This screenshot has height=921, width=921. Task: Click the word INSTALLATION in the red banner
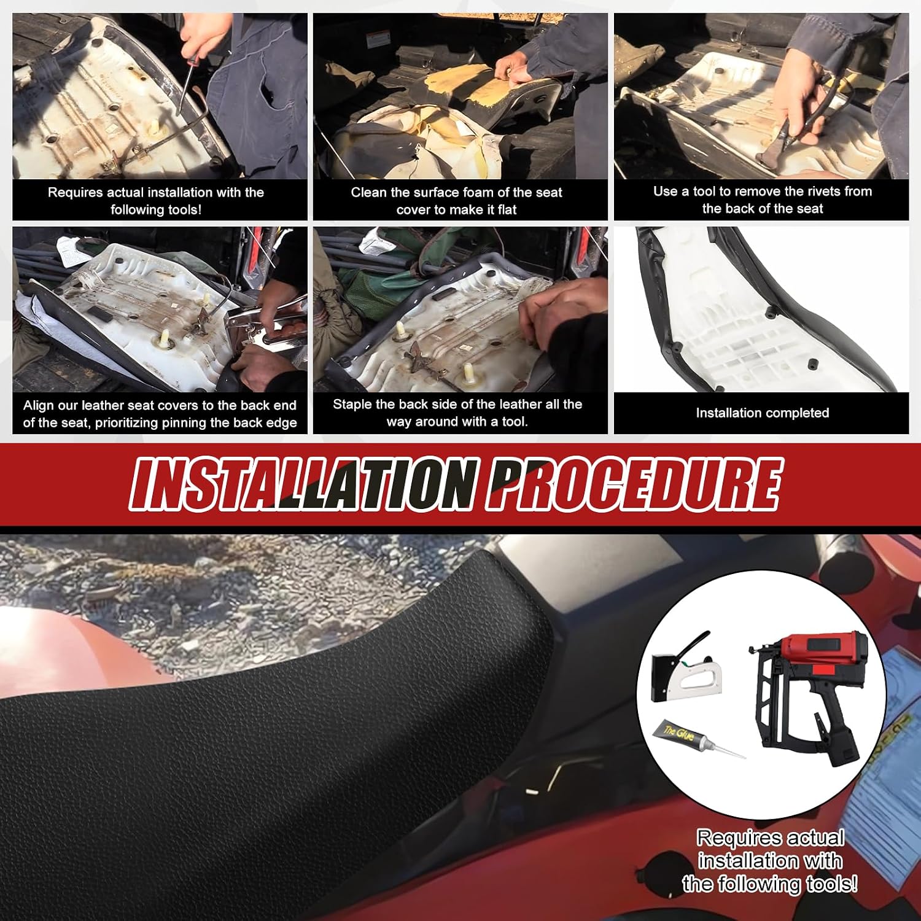pyautogui.click(x=303, y=484)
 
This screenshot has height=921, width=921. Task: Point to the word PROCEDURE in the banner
pyautogui.click(x=632, y=484)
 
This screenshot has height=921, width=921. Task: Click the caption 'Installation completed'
pyautogui.click(x=762, y=413)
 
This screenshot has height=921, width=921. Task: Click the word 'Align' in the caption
pyautogui.click(x=37, y=406)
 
